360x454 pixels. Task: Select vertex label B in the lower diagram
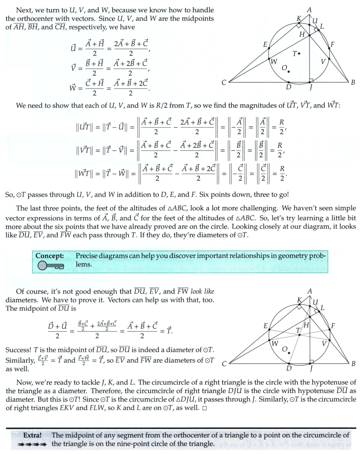(x=353, y=364)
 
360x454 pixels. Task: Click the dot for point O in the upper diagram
(x=289, y=71)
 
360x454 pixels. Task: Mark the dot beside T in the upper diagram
(x=299, y=54)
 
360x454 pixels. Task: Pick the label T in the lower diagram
(x=298, y=331)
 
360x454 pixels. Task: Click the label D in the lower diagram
(x=289, y=369)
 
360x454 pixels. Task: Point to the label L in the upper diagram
(x=322, y=26)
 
